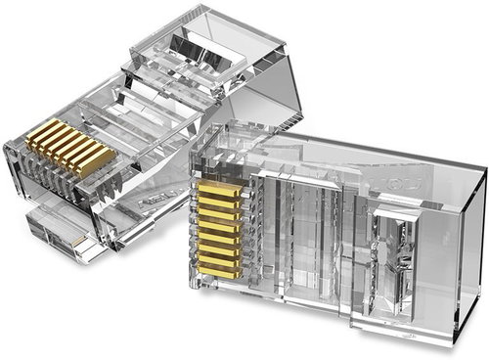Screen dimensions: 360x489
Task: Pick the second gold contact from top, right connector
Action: tap(219, 199)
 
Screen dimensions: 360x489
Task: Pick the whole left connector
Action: tap(137, 127)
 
